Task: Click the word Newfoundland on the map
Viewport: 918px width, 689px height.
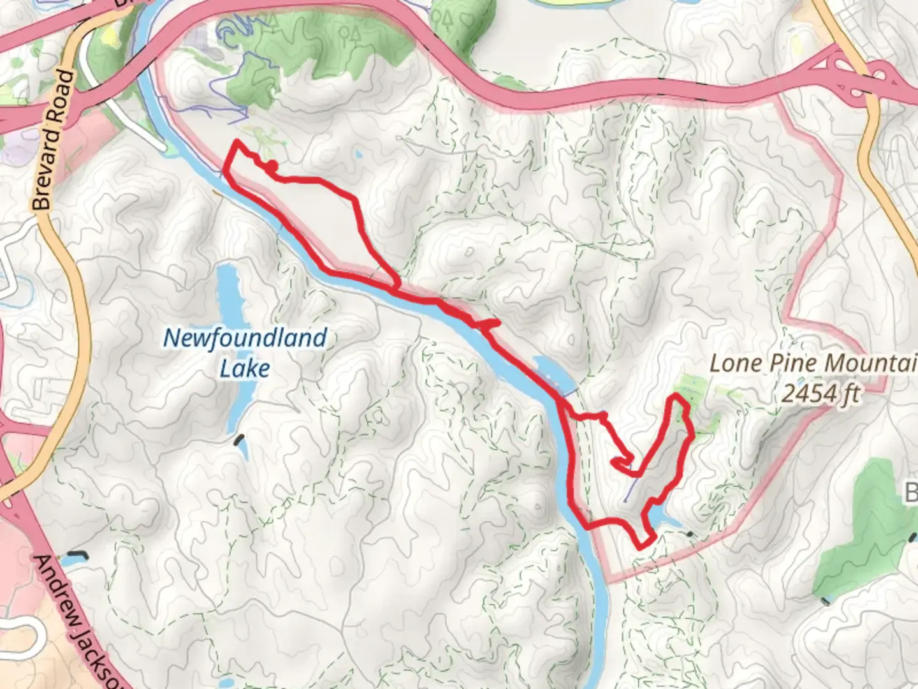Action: [245, 338]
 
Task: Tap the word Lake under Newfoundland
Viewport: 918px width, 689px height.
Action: [245, 369]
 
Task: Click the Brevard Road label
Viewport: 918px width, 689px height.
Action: [52, 140]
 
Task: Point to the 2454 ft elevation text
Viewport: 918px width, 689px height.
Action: [820, 394]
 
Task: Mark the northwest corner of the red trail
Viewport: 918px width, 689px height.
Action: [238, 142]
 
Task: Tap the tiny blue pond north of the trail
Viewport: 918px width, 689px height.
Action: [360, 154]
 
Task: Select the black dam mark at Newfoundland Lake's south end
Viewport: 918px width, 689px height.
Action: [240, 439]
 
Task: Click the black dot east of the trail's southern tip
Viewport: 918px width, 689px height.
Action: [690, 533]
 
